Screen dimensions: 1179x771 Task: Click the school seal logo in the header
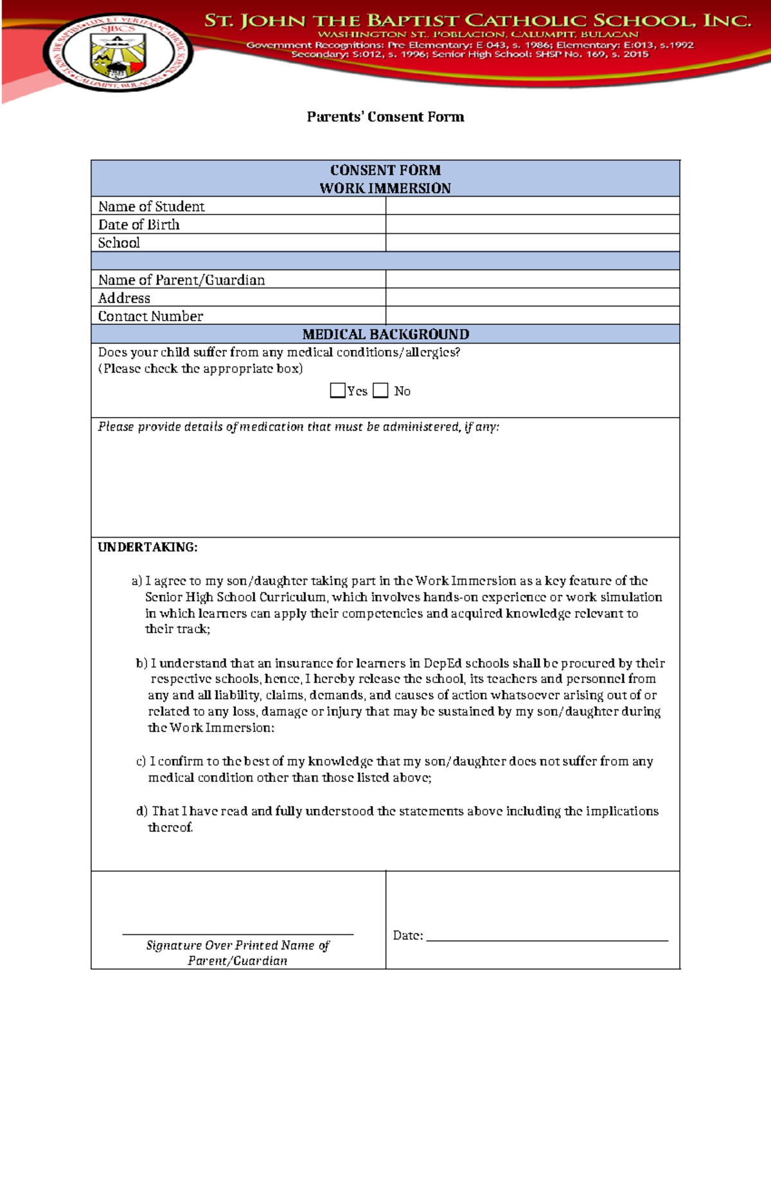118,53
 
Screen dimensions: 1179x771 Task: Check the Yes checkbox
337,391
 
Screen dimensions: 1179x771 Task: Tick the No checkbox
380,391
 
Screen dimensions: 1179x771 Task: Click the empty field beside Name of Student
532,206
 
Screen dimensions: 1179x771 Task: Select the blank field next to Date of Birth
532,224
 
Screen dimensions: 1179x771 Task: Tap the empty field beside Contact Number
532,315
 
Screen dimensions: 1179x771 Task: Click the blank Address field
532,297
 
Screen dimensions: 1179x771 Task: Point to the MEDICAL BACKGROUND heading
385,334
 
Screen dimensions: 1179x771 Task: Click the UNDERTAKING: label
147,547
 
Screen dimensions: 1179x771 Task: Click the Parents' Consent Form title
385,117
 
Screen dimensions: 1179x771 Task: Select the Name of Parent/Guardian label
181,279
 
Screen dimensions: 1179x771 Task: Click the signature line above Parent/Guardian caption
238,934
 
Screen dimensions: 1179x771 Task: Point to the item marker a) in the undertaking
136,581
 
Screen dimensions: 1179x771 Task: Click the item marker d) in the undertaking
141,811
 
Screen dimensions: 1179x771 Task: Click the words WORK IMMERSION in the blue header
385,188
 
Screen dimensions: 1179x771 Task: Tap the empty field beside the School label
532,242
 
